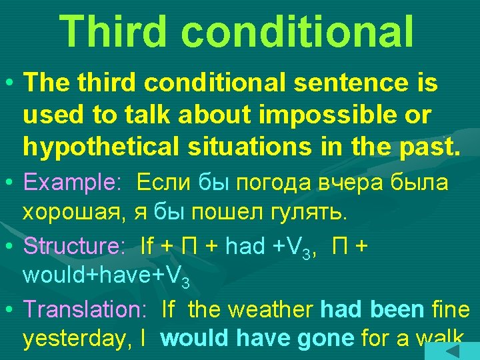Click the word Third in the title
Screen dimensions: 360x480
point(127,31)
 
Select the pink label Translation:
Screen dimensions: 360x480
point(84,309)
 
